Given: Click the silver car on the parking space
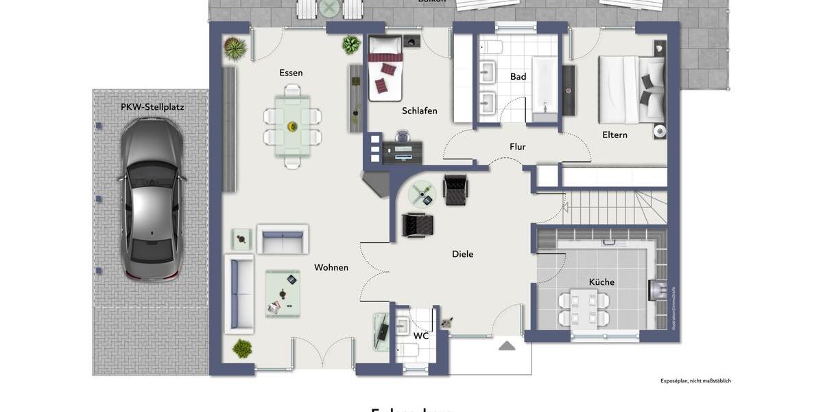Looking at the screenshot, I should (x=152, y=199).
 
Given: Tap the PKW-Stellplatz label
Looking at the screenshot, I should (x=152, y=107).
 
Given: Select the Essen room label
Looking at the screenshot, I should (x=291, y=73).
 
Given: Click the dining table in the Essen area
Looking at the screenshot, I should (x=293, y=126).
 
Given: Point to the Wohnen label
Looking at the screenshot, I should (x=331, y=267).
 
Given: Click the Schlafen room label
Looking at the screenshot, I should (x=420, y=111).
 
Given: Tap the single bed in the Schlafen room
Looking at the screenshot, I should (x=385, y=69).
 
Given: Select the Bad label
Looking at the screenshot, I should (x=518, y=77).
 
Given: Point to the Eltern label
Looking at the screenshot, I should (x=615, y=135).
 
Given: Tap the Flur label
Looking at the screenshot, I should (x=518, y=146).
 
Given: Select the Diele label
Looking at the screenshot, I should (x=462, y=254).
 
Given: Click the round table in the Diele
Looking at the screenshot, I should (x=422, y=194).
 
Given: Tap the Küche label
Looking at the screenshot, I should (x=601, y=282).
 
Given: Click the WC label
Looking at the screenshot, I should (x=421, y=336).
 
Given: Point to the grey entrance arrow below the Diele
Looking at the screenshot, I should (x=507, y=345).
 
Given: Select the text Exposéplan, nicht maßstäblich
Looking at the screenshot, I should (x=695, y=380).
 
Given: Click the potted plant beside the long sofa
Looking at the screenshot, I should (x=241, y=348).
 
